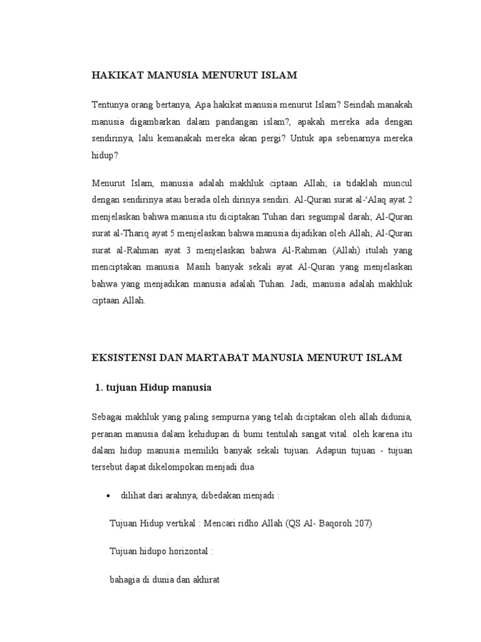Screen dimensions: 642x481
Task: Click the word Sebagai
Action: click(x=110, y=416)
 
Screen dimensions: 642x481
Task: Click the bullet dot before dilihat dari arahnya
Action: click(x=108, y=495)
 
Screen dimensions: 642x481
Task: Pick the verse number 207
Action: click(x=359, y=523)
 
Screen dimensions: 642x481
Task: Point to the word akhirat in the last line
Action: click(x=203, y=581)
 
